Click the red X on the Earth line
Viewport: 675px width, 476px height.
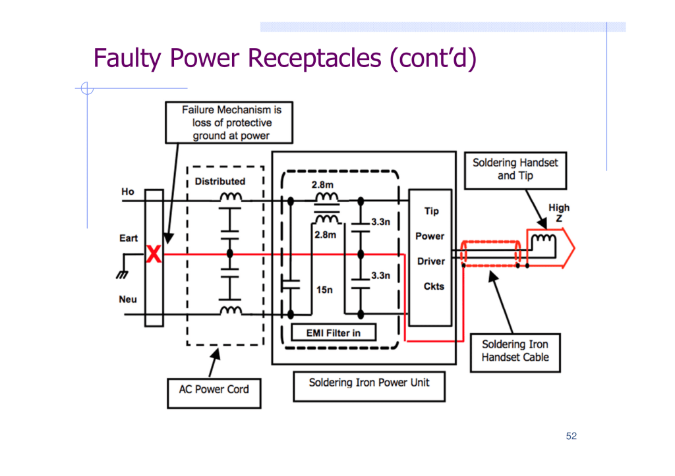154,254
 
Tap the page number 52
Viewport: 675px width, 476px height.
571,436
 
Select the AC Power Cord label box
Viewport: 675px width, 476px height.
214,389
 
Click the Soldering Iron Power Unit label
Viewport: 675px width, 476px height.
368,383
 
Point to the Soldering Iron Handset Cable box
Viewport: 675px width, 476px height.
514,351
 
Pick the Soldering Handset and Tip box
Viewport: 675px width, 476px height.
515,169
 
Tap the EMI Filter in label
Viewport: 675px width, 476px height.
333,332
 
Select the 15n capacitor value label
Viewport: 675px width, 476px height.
324,290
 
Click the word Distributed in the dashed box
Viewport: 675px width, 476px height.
220,181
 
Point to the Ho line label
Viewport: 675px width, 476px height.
127,192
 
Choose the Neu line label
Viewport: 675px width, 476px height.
128,300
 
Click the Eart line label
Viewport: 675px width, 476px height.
129,238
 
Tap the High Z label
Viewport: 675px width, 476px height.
559,213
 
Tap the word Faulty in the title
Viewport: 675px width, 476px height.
127,59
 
